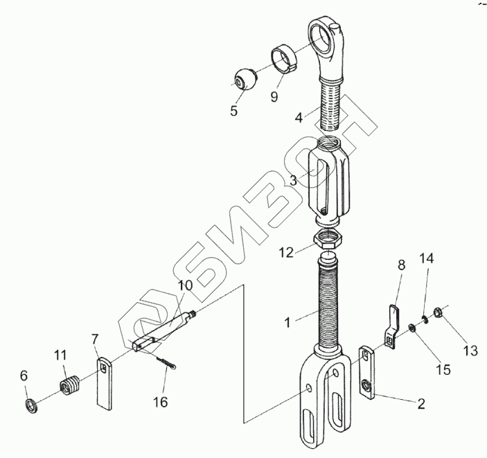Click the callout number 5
(x=234, y=109)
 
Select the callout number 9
(x=274, y=96)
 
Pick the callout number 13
(x=470, y=351)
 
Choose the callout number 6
(x=24, y=376)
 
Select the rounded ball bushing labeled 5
(x=247, y=79)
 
